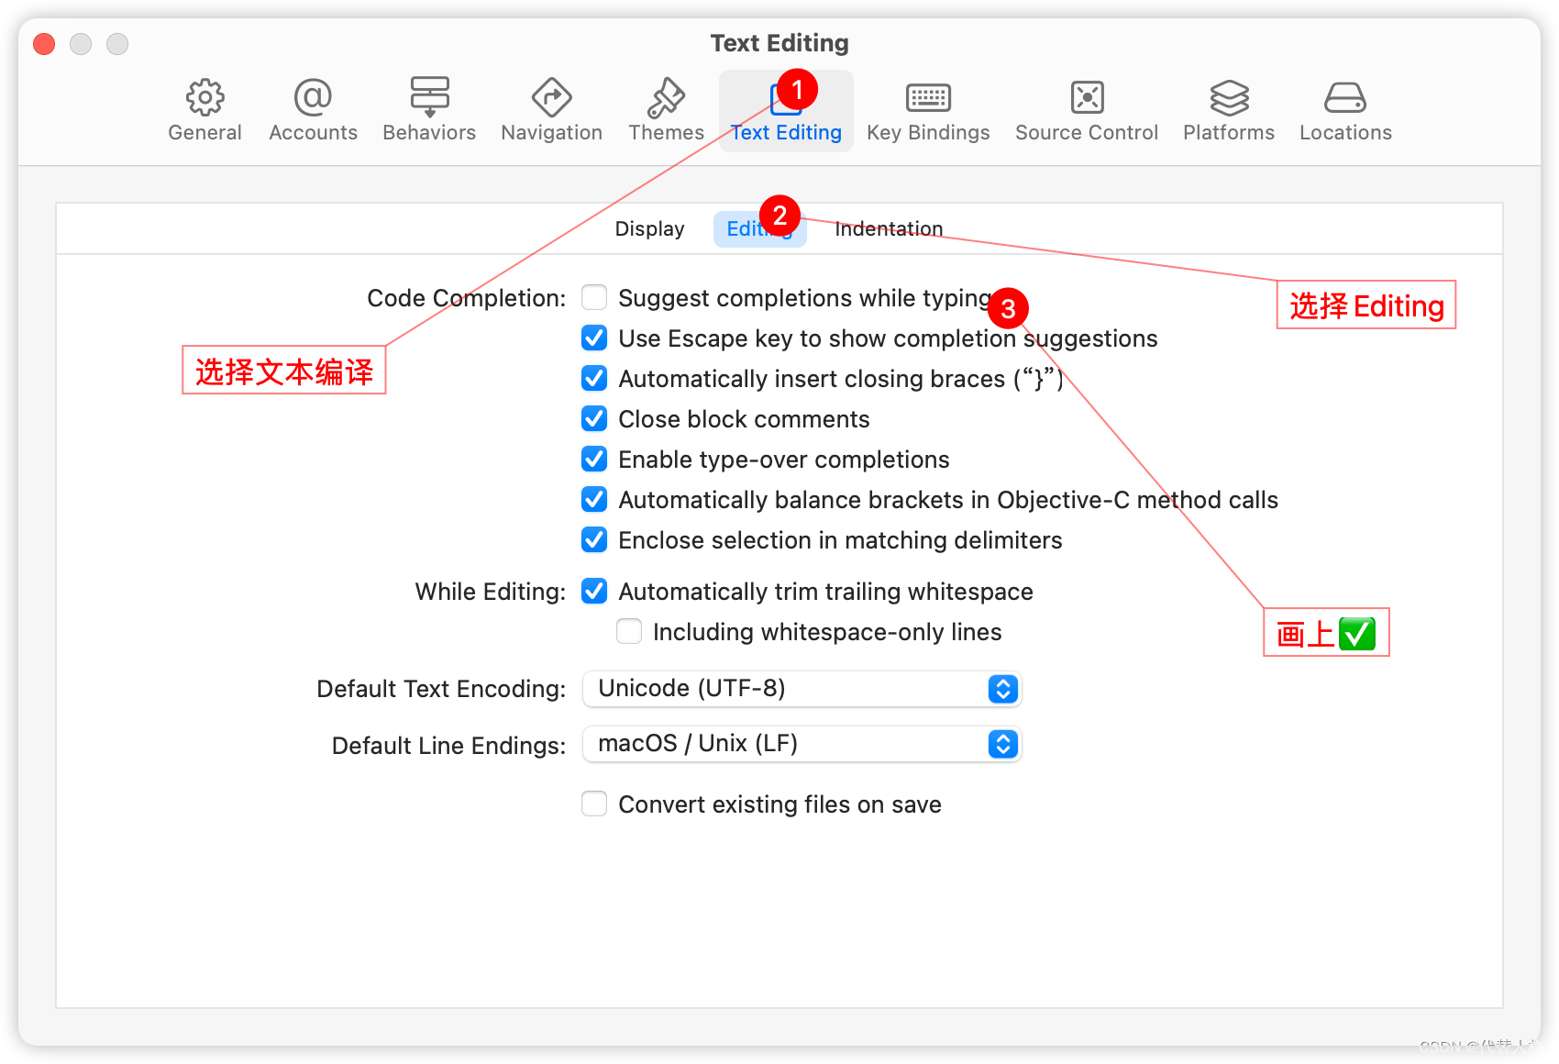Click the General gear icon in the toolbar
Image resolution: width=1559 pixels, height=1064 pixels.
coord(205,97)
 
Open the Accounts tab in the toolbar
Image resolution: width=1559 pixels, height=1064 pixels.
coord(313,97)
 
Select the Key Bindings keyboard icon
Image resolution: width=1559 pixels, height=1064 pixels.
coord(928,97)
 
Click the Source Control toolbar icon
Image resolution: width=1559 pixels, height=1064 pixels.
coord(1087,97)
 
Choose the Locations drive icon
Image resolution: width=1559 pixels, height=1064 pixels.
coord(1345,97)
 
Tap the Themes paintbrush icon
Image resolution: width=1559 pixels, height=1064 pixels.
coord(666,97)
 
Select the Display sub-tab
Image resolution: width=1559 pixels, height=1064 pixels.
coord(649,229)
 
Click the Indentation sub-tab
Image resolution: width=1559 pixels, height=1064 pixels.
coord(889,229)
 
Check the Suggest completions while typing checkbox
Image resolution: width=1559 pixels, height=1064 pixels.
coord(594,297)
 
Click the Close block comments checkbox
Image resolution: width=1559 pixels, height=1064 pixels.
coord(594,419)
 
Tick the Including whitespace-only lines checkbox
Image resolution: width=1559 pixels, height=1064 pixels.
coord(629,631)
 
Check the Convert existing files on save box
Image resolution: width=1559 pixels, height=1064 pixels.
coord(594,804)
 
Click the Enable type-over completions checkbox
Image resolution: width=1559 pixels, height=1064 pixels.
coord(594,459)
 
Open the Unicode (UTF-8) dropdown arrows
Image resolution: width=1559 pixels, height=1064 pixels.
coord(1003,689)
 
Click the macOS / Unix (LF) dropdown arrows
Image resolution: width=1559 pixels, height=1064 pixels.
coord(1003,744)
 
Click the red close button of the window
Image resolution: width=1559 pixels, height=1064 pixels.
coord(44,44)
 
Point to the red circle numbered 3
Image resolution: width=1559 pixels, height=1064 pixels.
coord(1008,309)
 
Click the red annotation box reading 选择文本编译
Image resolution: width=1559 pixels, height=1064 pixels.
coord(284,371)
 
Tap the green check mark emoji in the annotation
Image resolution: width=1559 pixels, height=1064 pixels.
coord(1356,634)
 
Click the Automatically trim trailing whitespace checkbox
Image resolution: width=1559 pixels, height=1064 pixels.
coord(594,592)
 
